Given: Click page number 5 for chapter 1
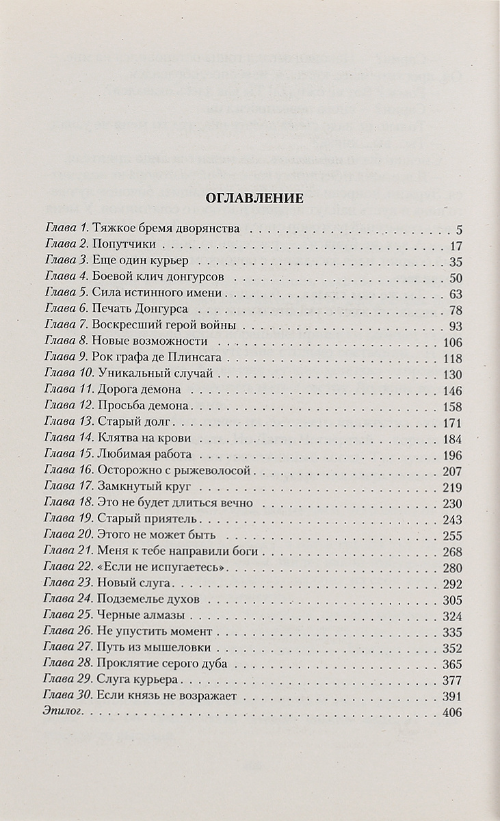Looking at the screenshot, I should (x=460, y=229).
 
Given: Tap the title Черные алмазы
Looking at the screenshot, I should (x=137, y=615).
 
